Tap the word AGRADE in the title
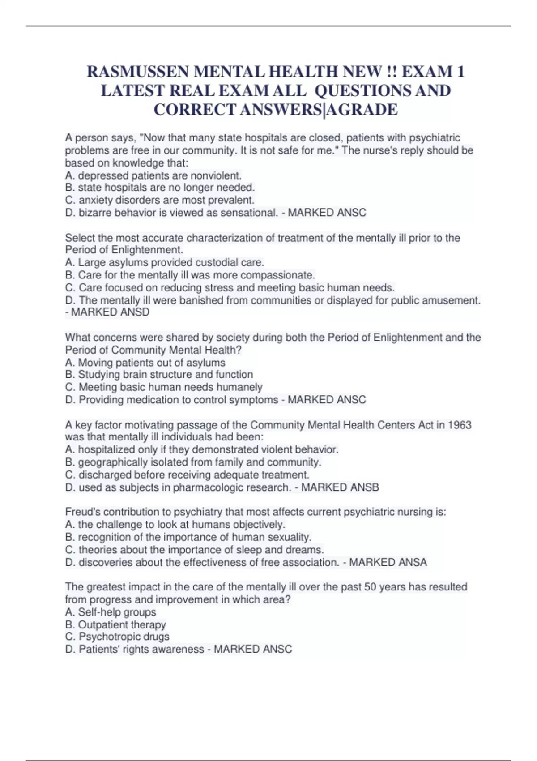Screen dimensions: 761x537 pos(363,110)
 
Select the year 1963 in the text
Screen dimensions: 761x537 pos(460,424)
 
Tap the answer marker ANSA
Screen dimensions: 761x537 pos(410,562)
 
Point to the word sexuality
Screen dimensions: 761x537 pos(289,537)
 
